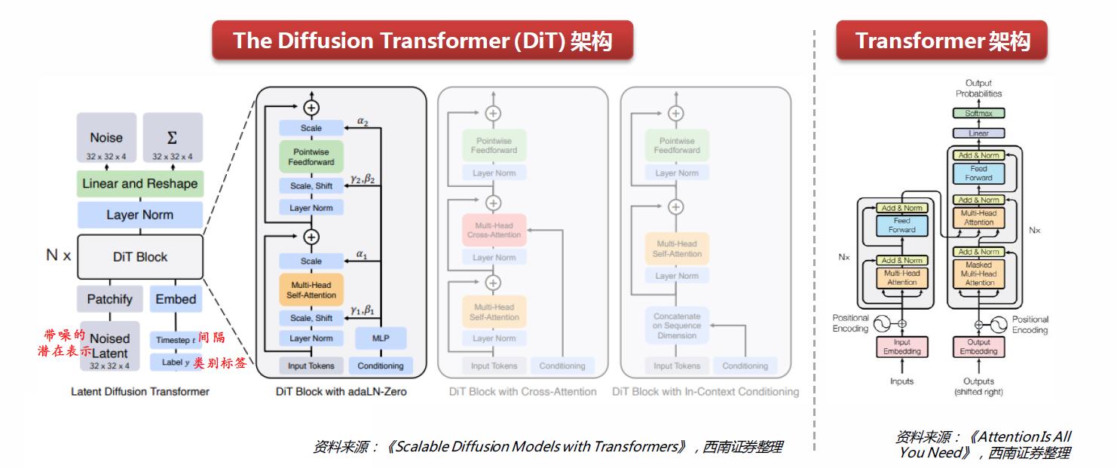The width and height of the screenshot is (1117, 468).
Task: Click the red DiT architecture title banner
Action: [x=422, y=40]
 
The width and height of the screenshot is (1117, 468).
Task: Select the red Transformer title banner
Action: [x=941, y=40]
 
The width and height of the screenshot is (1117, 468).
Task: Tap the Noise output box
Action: [x=106, y=141]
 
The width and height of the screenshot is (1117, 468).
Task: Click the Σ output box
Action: [x=173, y=141]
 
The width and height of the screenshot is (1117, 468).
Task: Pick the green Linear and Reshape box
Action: [x=139, y=184]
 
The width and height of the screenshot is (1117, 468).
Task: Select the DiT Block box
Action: [x=139, y=257]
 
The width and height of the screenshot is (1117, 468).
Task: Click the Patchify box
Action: [x=109, y=299]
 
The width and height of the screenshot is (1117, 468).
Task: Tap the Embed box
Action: [x=176, y=299]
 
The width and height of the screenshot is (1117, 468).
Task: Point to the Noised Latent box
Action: [x=109, y=346]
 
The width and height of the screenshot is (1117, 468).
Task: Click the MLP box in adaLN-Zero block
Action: [x=380, y=338]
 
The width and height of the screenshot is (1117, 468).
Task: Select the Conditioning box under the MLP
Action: [x=380, y=366]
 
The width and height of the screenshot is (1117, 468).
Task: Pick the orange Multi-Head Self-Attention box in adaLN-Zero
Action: [x=311, y=289]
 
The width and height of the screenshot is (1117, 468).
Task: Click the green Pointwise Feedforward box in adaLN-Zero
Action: [x=311, y=157]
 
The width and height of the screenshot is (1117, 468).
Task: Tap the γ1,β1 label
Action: [x=363, y=310]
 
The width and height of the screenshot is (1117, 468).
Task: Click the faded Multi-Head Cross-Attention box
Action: [x=494, y=230]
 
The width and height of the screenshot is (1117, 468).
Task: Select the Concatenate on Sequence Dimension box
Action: [x=677, y=326]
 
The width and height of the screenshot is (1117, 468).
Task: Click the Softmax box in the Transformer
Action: [x=978, y=114]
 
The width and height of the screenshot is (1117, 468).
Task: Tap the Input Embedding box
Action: [x=901, y=347]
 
